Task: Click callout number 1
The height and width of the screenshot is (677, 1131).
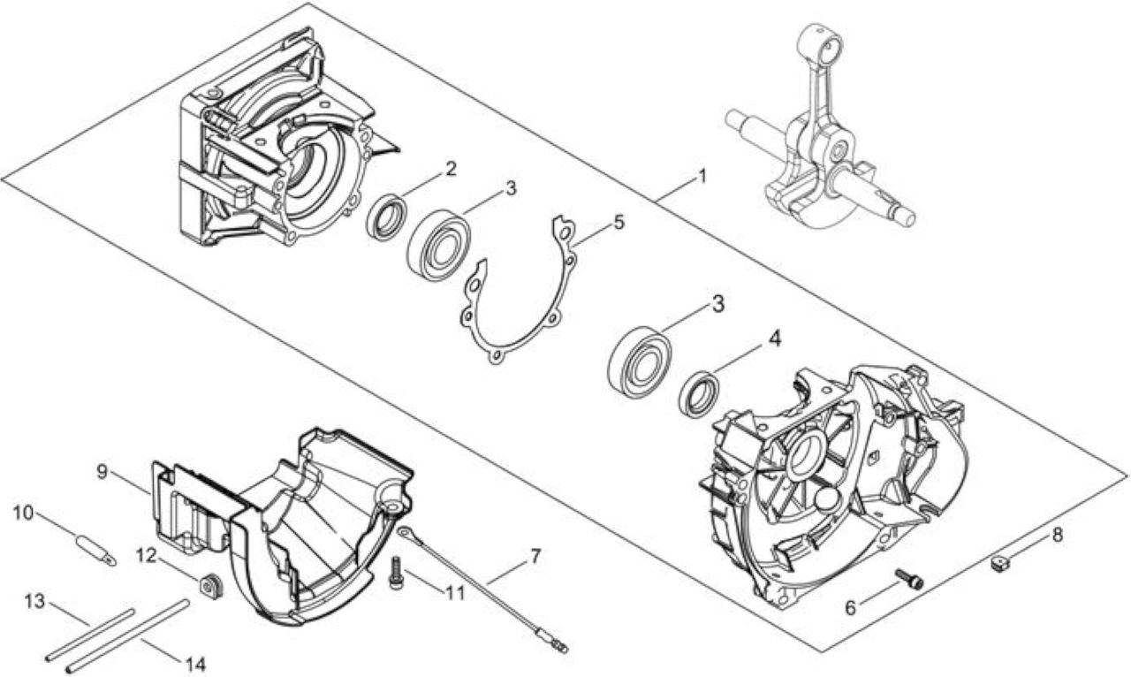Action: coord(702,177)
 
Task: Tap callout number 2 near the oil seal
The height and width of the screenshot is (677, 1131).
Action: coord(450,169)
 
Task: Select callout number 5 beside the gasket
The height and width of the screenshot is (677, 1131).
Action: coord(619,222)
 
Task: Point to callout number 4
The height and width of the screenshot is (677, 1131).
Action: coord(775,338)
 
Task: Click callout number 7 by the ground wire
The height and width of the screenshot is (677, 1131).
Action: coord(535,557)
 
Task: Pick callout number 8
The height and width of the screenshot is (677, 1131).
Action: coord(1057,535)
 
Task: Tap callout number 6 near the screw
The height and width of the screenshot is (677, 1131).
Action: coord(851,608)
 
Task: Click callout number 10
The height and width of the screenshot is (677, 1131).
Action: coord(23,513)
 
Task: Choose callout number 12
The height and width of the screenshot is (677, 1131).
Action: coord(148,556)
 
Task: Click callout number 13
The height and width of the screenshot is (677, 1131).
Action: coord(34,601)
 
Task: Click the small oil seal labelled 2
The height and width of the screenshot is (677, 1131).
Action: coord(387,217)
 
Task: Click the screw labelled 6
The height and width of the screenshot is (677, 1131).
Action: coord(909,579)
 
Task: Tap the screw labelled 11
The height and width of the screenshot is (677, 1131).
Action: coord(397,573)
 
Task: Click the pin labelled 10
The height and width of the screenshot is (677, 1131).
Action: coord(96,551)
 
